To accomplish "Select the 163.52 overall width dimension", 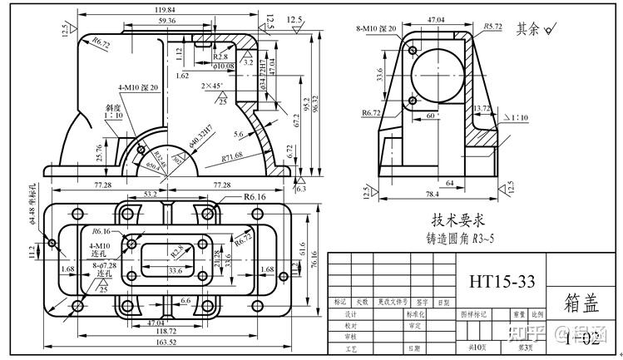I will pyautogui.click(x=169, y=341).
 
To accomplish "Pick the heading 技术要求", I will pyautogui.click(x=454, y=220).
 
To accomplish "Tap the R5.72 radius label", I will pyautogui.click(x=492, y=27).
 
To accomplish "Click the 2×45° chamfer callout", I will pyautogui.click(x=215, y=86).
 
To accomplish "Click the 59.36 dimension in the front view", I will pyautogui.click(x=166, y=20).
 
